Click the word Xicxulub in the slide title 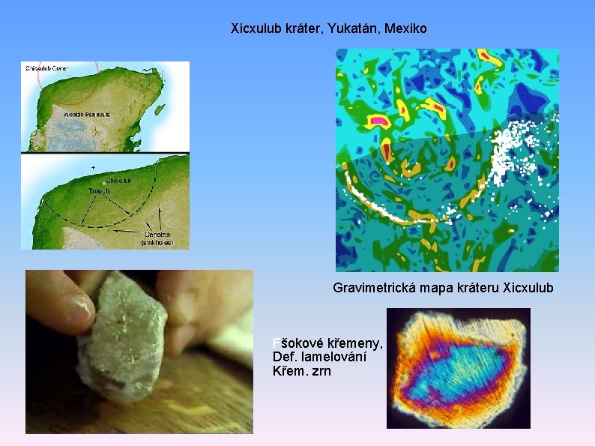pyautogui.click(x=256, y=29)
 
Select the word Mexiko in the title pyautogui.click(x=405, y=29)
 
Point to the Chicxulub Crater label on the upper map pyautogui.click(x=46, y=68)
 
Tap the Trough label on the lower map pyautogui.click(x=98, y=191)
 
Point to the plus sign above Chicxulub pyautogui.click(x=93, y=166)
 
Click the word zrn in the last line pyautogui.click(x=320, y=371)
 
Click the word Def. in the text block pyautogui.click(x=286, y=358)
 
